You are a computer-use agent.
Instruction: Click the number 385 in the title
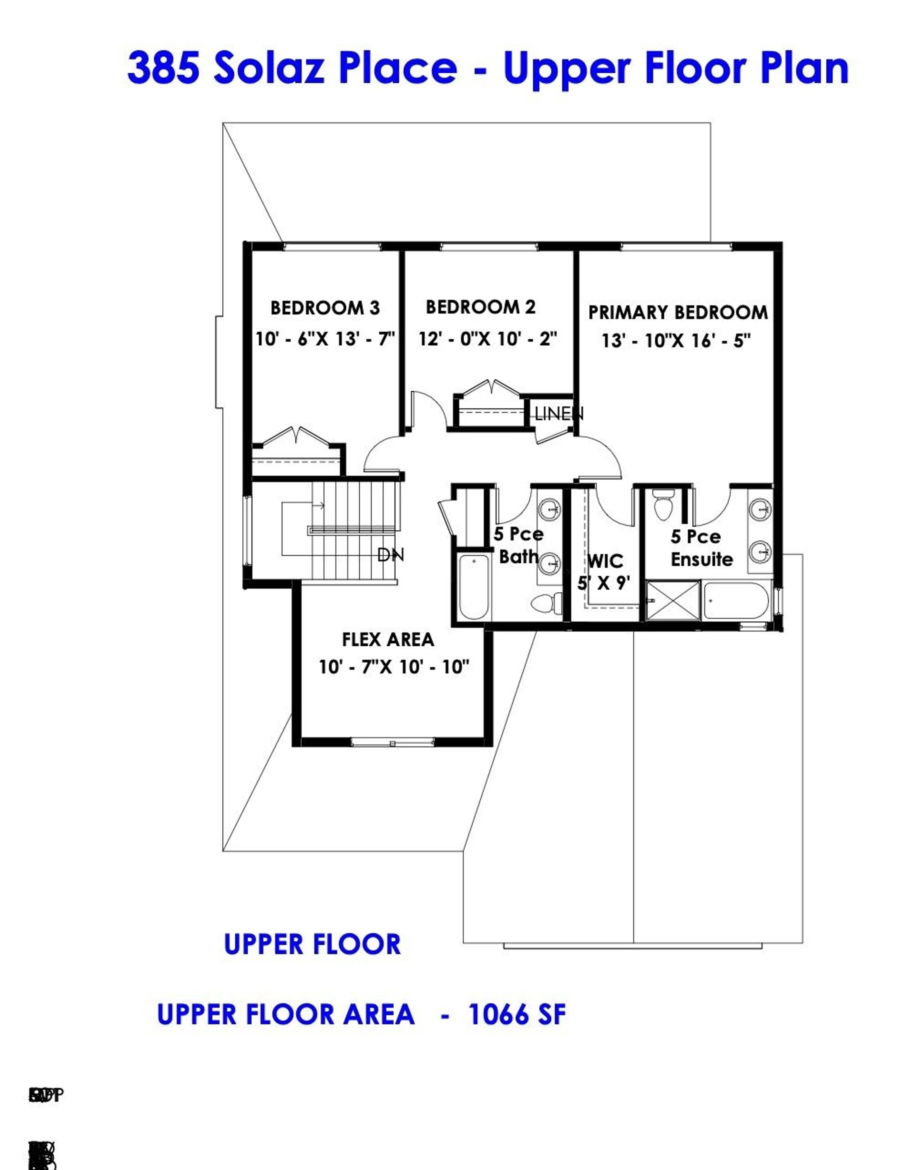pos(163,68)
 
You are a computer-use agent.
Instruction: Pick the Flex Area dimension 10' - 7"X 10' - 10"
pos(394,667)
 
